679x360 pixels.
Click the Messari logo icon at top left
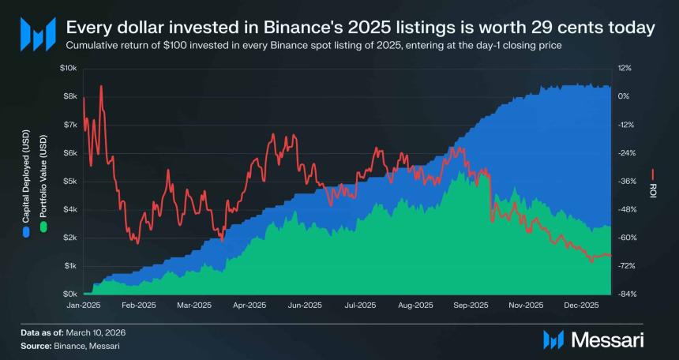click(37, 34)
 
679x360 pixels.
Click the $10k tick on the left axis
click(68, 68)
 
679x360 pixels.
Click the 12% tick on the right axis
click(623, 68)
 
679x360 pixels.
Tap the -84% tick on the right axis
click(625, 294)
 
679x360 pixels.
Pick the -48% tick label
click(625, 209)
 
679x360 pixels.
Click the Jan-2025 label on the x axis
click(83, 306)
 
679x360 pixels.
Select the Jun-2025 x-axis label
click(304, 306)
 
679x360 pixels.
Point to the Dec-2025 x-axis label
click(581, 306)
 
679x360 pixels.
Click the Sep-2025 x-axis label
click(470, 306)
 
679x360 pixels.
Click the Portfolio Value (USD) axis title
click(43, 178)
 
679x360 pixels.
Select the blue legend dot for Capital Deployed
click(27, 234)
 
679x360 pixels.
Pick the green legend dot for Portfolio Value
click(43, 227)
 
